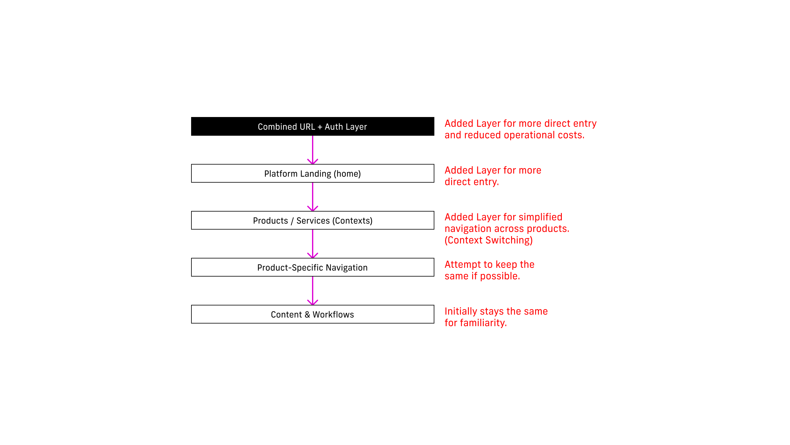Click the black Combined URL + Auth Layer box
click(312, 126)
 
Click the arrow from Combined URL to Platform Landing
click(312, 150)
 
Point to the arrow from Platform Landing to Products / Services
click(312, 197)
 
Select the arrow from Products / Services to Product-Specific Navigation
click(312, 244)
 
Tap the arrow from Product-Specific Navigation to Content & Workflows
click(312, 291)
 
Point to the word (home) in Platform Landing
click(347, 174)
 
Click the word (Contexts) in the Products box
click(352, 221)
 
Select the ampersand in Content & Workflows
click(307, 315)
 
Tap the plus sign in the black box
click(320, 127)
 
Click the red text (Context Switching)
click(489, 240)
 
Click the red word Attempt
click(463, 264)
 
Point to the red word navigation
click(468, 229)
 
